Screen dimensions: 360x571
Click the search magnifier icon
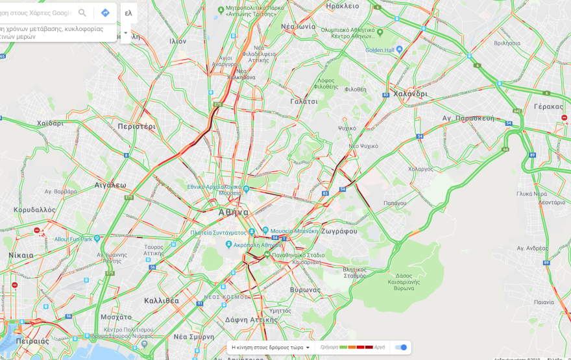(82, 13)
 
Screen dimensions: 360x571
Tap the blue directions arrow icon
(105, 13)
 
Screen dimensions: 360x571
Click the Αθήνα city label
(234, 212)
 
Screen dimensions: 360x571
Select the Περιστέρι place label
(137, 126)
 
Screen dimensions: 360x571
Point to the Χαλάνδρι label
(410, 93)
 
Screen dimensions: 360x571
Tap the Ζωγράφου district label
(339, 231)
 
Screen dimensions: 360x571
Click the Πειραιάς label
(33, 341)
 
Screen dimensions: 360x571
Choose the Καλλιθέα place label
(162, 300)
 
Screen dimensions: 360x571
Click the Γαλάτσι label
(304, 101)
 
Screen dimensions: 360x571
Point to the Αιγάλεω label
(110, 185)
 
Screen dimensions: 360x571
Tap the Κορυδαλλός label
(34, 210)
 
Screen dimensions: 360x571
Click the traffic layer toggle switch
(401, 347)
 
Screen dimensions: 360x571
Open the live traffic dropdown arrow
(308, 348)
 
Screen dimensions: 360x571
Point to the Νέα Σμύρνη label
(194, 337)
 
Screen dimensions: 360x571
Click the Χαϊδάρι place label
(51, 123)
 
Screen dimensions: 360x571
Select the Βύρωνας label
(305, 289)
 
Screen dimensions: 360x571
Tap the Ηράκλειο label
(343, 6)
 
